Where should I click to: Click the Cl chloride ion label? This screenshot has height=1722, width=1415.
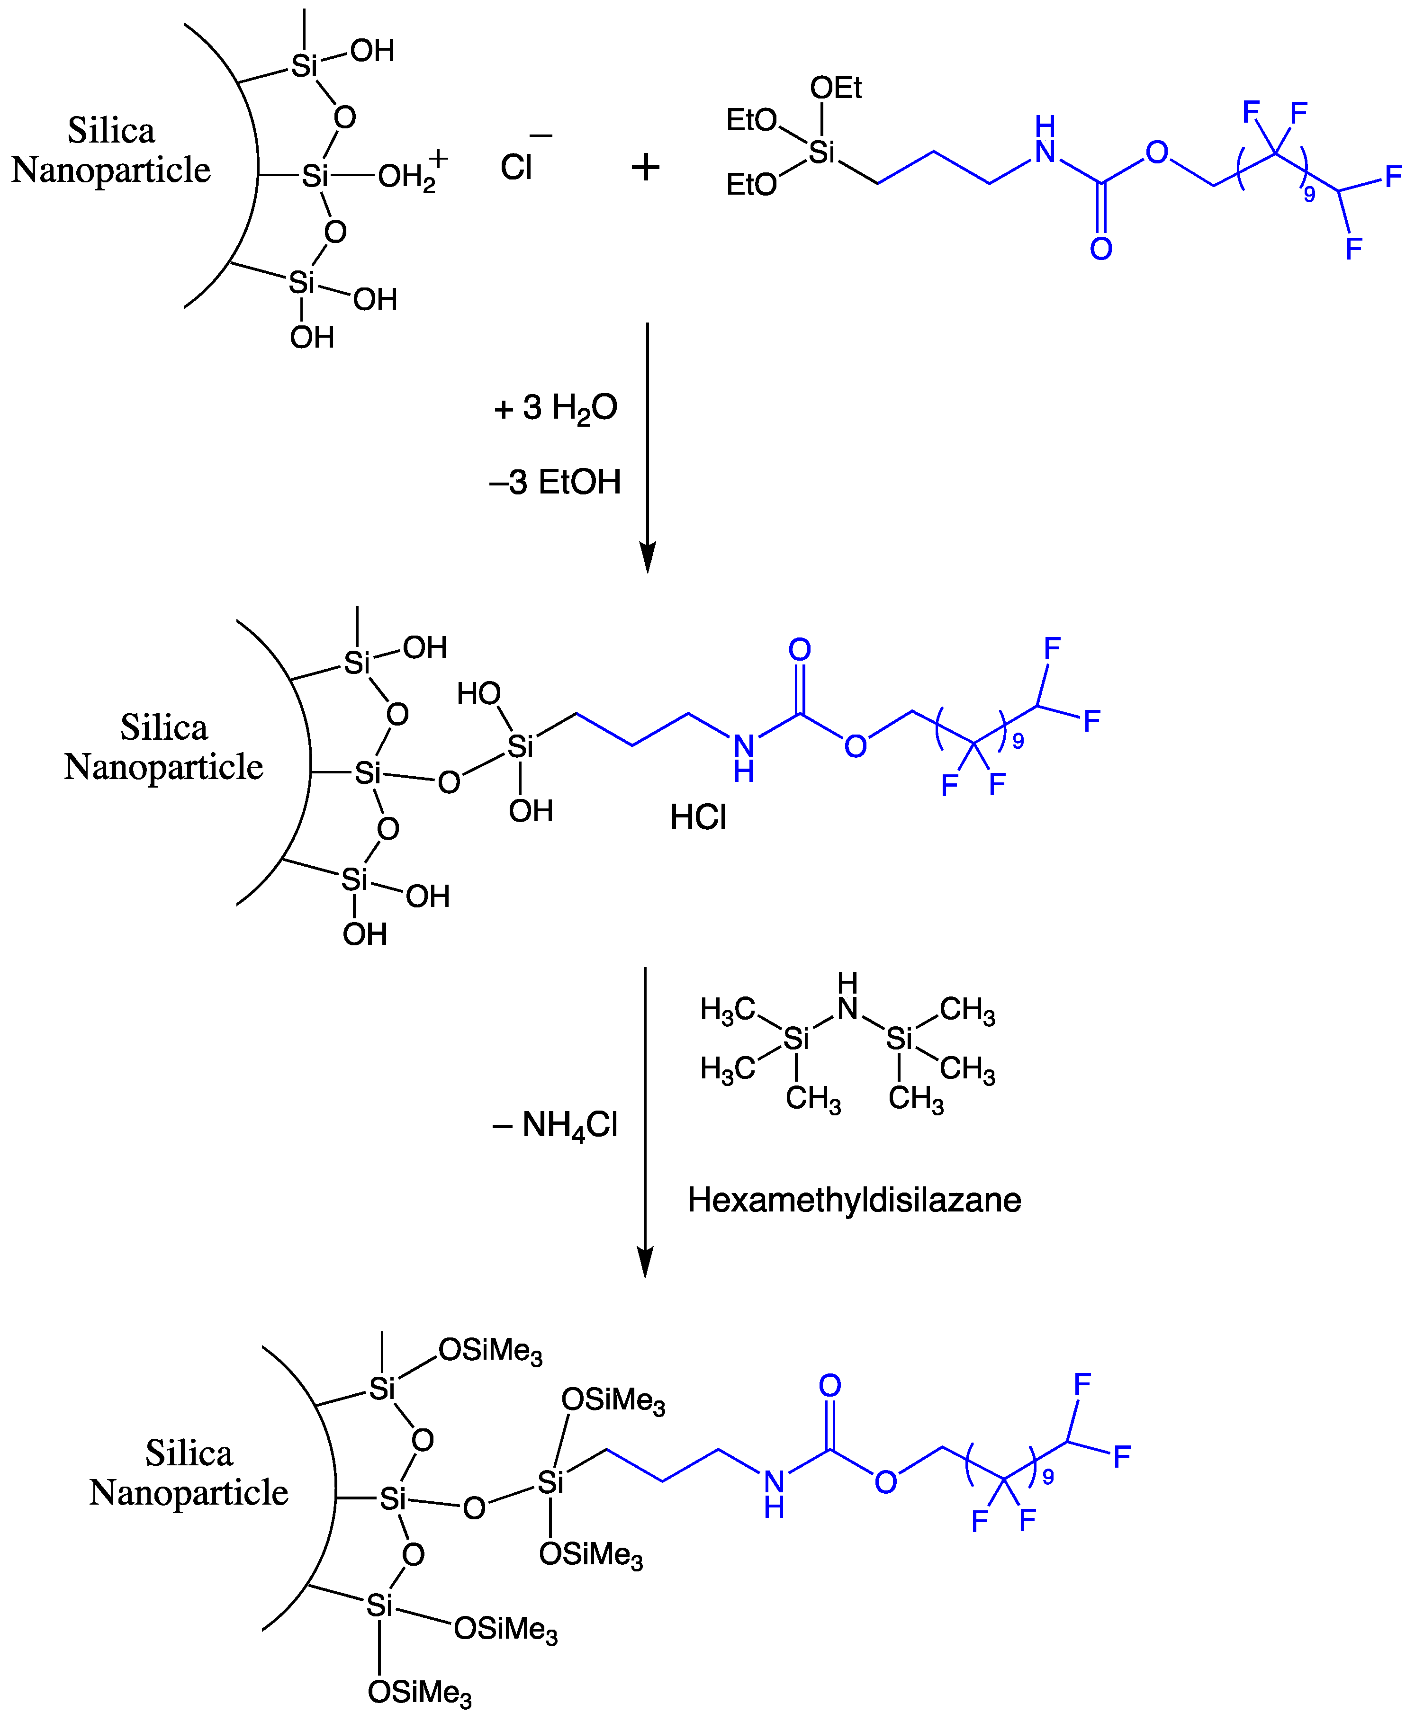click(x=516, y=168)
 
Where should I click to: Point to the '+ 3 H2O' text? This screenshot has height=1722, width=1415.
click(x=555, y=407)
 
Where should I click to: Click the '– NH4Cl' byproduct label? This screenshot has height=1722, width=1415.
click(x=555, y=1125)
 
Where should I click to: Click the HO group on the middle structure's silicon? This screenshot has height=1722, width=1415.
click(x=478, y=693)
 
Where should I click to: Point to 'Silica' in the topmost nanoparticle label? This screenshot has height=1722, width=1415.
click(x=111, y=130)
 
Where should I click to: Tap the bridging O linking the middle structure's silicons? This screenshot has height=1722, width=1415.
click(x=448, y=782)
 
